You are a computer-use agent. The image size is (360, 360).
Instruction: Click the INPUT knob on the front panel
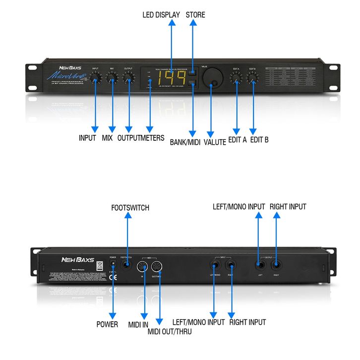click(96, 77)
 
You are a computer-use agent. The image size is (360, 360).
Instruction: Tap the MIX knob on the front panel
click(112, 77)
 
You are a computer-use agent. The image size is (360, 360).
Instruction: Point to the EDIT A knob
click(236, 77)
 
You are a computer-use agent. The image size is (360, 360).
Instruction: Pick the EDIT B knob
click(253, 77)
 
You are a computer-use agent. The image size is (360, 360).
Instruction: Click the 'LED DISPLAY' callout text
click(161, 15)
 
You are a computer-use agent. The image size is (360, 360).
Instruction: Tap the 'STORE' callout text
click(195, 15)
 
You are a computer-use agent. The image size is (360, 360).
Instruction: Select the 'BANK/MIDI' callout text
click(185, 142)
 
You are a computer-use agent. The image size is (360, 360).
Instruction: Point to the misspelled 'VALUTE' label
click(215, 142)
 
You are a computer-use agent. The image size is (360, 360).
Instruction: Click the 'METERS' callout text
click(151, 138)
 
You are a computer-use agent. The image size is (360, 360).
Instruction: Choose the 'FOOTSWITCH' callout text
click(130, 208)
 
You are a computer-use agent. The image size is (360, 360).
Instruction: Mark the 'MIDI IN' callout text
click(139, 324)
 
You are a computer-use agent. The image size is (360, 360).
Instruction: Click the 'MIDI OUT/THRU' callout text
click(169, 331)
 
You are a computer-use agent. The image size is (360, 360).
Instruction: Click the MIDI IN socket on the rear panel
click(144, 266)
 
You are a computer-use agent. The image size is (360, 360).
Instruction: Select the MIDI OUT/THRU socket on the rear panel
click(160, 266)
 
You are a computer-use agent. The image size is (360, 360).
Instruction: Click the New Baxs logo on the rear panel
click(74, 259)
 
